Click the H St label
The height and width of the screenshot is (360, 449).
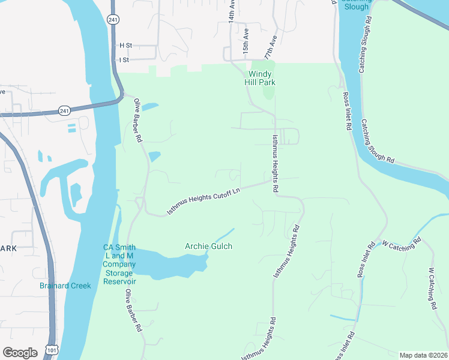125,45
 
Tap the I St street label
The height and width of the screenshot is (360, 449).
124,60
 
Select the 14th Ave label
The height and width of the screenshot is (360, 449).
231,11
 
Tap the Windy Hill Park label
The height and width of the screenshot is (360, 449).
261,77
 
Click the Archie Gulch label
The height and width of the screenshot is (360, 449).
208,246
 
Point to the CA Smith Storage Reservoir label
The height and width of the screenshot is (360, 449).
119,265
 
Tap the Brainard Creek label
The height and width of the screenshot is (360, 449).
65,286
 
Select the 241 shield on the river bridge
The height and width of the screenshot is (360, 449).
64,110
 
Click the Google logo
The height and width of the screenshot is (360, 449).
20,352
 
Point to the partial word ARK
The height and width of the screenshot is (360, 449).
8,248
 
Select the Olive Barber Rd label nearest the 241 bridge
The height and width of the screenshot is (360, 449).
137,120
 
